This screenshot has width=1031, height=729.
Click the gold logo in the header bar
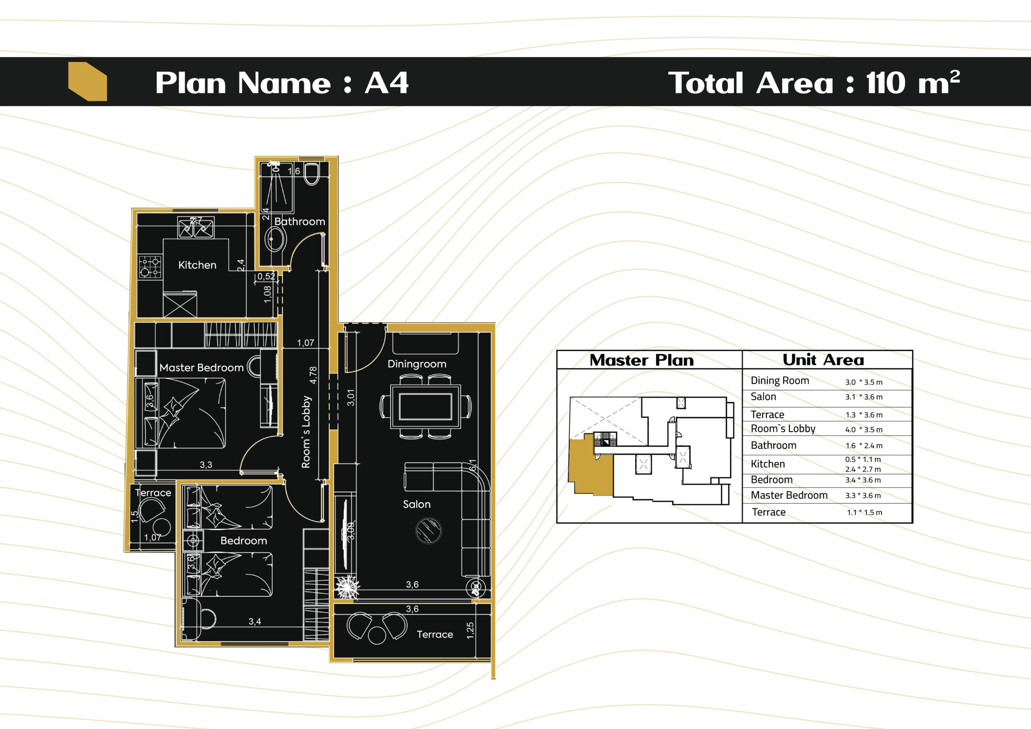87,81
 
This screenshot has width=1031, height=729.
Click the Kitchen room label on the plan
197,265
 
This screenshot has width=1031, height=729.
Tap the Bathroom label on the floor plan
300,222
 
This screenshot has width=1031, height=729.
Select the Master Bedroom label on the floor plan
202,368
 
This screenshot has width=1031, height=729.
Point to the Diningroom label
417,364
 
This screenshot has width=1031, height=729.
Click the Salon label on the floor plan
417,504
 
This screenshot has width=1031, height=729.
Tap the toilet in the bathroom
312,174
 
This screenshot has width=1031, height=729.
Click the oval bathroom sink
275,239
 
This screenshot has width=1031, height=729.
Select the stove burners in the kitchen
150,266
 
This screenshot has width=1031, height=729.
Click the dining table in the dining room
425,406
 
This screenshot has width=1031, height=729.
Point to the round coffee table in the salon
429,531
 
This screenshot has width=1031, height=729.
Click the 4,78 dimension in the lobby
313,375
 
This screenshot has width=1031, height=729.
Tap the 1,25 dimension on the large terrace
470,631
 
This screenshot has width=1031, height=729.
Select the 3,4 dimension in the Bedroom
255,621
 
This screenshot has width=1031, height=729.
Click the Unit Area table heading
823,360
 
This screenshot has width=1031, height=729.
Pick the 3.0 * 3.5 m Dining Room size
863,382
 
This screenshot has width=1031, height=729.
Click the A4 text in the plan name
386,83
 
